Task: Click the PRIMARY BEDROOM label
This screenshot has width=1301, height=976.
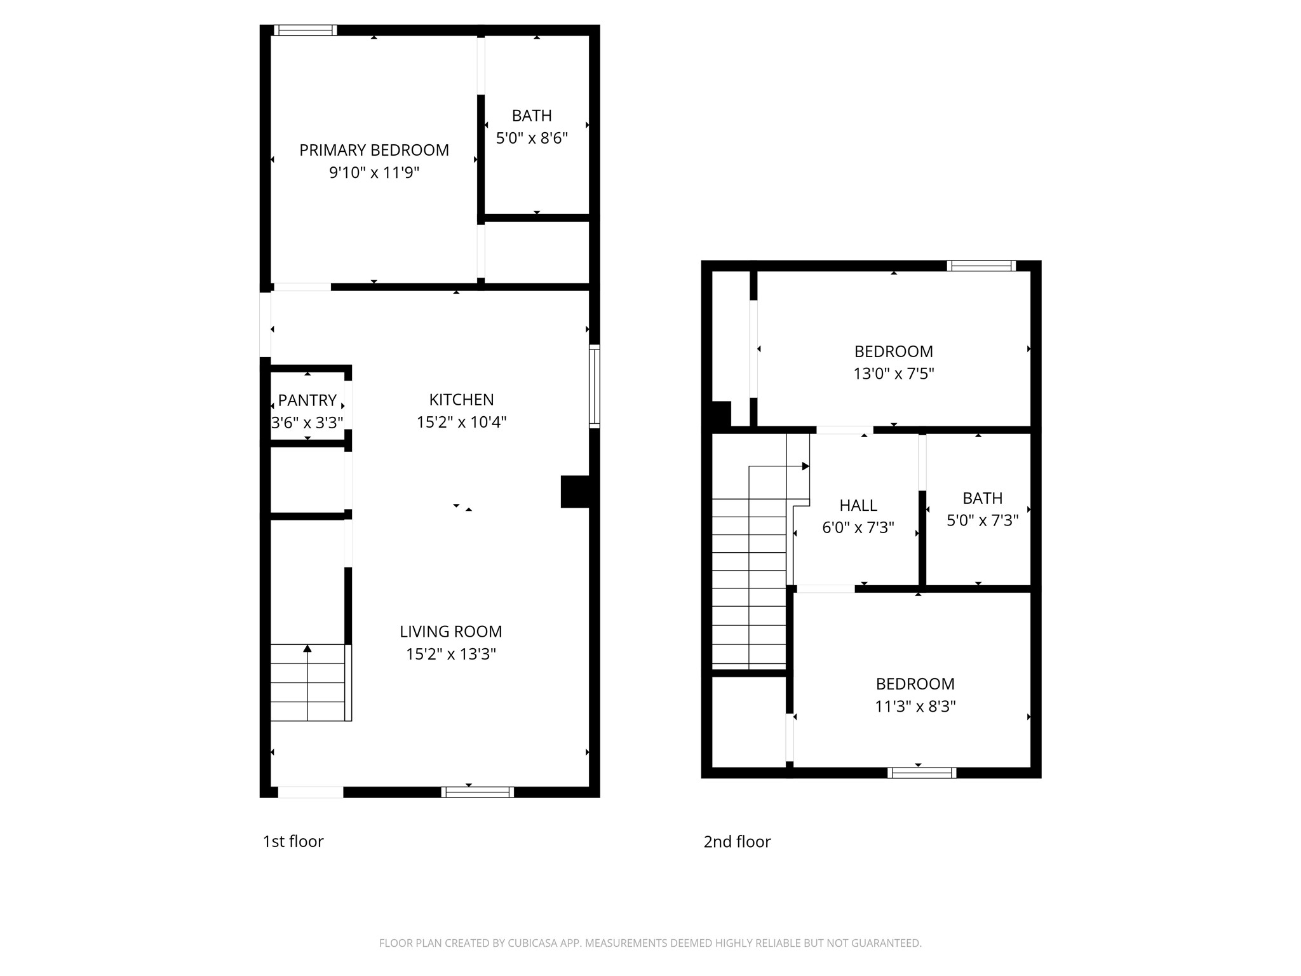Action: [374, 150]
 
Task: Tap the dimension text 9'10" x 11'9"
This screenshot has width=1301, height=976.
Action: [374, 172]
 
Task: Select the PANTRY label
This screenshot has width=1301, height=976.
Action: [307, 400]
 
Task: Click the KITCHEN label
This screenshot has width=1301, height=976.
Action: [461, 400]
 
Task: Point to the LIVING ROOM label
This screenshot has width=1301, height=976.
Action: [450, 632]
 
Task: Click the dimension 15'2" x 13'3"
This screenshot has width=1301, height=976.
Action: [450, 654]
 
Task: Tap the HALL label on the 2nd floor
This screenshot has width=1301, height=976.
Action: [858, 505]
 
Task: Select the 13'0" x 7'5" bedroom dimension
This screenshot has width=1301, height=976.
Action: [893, 374]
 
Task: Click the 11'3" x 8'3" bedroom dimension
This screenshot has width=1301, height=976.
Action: [915, 706]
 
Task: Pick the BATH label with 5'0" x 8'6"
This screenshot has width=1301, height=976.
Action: [532, 116]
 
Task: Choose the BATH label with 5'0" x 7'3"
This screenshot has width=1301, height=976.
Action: [982, 498]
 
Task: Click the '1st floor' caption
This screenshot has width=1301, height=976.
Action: [293, 841]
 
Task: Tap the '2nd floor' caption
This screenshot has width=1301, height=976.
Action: [737, 841]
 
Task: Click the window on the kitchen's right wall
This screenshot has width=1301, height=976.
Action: [595, 386]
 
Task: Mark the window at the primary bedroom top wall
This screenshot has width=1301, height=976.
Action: [305, 30]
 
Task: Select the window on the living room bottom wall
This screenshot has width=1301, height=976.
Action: [477, 792]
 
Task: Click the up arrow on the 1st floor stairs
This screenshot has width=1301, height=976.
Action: [307, 648]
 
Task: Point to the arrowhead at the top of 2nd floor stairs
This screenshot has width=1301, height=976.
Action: [806, 466]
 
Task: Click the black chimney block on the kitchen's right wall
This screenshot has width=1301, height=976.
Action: [575, 492]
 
